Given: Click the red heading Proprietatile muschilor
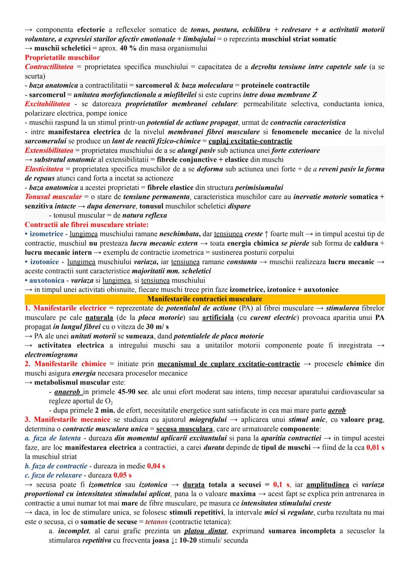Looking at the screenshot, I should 62,58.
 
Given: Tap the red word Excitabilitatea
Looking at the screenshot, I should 47,104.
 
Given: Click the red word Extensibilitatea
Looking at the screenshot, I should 49,150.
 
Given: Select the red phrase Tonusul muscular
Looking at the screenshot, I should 53,197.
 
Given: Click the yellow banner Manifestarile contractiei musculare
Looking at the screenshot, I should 205,299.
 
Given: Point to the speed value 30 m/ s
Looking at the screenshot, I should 157,327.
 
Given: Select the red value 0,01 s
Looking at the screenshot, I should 375,448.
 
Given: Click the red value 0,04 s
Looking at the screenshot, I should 156,466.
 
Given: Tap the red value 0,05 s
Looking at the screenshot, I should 122,475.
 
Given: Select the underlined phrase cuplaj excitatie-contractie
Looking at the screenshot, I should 251,141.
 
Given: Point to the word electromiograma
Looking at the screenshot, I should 51,355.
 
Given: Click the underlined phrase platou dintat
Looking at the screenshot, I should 206,531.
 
